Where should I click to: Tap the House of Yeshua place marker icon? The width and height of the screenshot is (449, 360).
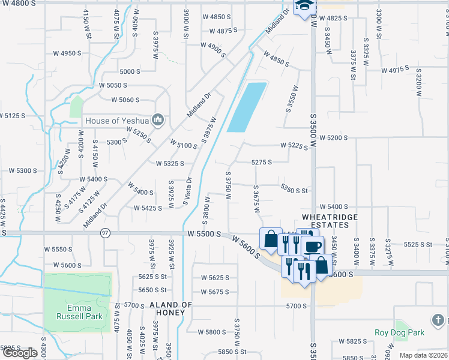tap(158, 120)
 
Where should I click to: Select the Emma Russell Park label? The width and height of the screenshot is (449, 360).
tap(79, 311)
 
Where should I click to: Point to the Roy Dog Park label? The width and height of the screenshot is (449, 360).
tap(399, 332)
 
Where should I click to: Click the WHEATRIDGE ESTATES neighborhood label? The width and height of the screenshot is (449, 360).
tap(330, 221)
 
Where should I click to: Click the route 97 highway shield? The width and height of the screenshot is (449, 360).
tap(106, 233)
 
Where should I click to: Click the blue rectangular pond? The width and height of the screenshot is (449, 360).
tap(247, 107)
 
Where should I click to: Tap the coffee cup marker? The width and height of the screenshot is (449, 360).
tap(313, 245)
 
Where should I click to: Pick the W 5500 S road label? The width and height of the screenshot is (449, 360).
tap(204, 233)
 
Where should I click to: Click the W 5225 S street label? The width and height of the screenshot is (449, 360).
tap(294, 145)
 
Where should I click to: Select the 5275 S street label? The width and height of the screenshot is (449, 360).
tap(262, 162)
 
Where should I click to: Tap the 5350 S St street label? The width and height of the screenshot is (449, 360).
tap(294, 190)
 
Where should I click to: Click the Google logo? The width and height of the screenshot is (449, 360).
tap(20, 353)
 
